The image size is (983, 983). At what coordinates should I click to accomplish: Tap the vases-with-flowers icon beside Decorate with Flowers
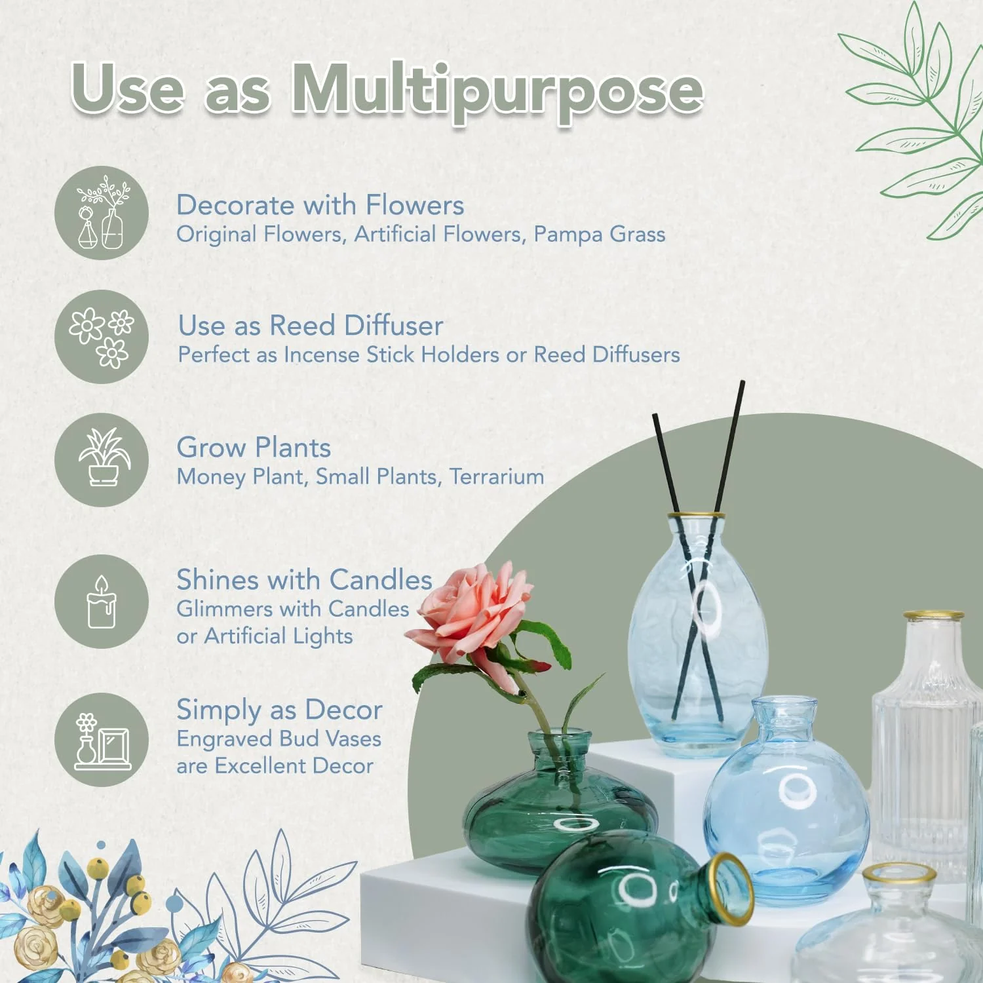click(102, 213)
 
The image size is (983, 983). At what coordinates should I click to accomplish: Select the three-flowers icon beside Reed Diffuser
click(102, 337)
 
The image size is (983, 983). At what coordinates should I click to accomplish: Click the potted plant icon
click(102, 459)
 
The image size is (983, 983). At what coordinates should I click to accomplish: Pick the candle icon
click(102, 602)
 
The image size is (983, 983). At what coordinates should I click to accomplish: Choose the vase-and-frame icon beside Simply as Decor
click(102, 740)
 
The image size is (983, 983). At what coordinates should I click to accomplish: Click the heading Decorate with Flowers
click(320, 205)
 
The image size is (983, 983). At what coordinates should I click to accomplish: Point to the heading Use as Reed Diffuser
click(311, 326)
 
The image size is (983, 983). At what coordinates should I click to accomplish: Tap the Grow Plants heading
click(254, 448)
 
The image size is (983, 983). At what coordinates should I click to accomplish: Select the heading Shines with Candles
click(304, 580)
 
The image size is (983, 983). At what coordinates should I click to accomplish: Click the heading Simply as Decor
click(279, 710)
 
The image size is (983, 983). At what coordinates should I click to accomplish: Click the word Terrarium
click(497, 476)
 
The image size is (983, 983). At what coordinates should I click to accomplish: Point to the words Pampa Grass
click(599, 234)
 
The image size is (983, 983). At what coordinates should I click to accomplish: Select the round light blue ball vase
click(786, 813)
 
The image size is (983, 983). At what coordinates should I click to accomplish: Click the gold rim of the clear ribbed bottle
click(933, 616)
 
